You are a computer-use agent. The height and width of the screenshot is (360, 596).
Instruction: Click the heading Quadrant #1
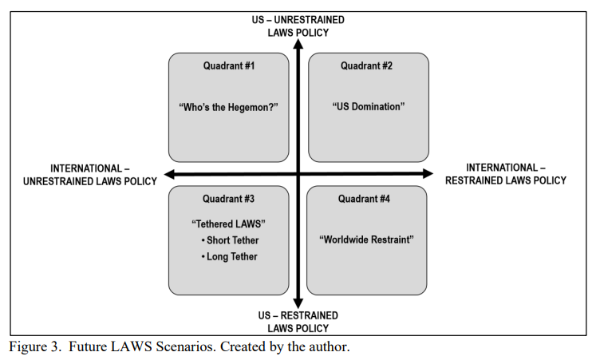coord(229,65)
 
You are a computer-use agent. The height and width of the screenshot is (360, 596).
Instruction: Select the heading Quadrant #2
coord(366,65)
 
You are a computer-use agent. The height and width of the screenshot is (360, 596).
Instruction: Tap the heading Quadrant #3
coord(228,199)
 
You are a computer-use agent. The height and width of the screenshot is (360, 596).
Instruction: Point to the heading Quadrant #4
coord(364,199)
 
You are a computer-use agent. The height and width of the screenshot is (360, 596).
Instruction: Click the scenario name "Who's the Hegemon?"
coord(228,107)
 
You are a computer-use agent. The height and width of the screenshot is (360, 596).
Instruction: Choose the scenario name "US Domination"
coord(369,106)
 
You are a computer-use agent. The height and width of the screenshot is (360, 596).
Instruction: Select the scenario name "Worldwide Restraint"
coord(366,239)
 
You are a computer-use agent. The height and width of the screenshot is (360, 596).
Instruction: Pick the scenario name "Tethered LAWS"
coord(228,224)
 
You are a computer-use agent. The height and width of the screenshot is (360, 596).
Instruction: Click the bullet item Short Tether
coord(230,240)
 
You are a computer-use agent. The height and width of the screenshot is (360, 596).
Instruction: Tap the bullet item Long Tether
coord(230,256)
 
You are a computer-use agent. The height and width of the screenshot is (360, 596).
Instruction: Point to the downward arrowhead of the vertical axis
coord(298,303)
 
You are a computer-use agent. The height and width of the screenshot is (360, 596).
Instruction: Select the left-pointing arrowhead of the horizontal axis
coord(169,175)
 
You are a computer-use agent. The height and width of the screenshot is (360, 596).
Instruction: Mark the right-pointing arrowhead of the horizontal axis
coord(428,174)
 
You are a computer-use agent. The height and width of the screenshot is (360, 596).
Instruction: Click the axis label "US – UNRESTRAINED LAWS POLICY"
coord(298,26)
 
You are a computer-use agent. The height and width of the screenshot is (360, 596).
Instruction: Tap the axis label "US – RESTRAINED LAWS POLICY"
coord(298,322)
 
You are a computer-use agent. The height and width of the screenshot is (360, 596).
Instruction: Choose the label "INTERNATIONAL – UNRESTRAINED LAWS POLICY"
coord(90,175)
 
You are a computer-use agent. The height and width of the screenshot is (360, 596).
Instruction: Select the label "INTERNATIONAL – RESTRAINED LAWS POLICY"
coord(506,174)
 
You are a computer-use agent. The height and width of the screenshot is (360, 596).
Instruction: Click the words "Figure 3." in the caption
coord(35,346)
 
